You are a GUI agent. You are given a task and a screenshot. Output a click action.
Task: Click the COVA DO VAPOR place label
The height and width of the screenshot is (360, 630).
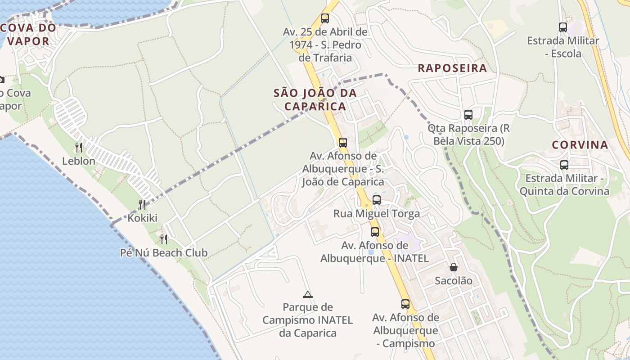(x=28, y=34)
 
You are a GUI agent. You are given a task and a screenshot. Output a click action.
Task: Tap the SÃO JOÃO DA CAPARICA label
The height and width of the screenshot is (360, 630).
(x=315, y=99)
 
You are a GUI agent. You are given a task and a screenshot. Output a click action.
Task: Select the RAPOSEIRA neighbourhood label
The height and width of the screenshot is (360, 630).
(x=452, y=68)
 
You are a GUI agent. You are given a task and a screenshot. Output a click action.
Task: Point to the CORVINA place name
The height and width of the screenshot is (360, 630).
(x=580, y=145)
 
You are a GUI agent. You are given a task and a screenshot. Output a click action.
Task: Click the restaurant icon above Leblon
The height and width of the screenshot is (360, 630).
(x=79, y=147)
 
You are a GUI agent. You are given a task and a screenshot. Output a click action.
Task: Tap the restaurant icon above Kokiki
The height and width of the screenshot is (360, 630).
(x=142, y=205)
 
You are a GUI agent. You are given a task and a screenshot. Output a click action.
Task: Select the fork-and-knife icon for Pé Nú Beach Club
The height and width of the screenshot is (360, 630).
(x=164, y=239)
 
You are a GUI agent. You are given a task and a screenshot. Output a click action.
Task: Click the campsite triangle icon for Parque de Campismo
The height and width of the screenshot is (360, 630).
(x=308, y=294)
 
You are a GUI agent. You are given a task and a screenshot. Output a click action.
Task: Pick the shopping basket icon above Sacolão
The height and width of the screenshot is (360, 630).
(x=454, y=267)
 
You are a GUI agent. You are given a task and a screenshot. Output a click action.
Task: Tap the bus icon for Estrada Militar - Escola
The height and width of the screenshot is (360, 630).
(x=563, y=27)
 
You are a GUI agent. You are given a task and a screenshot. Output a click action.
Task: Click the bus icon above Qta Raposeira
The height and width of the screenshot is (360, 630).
(x=468, y=115)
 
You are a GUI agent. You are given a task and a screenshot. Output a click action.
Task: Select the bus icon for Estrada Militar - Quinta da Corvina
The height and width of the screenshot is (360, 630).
(x=564, y=165)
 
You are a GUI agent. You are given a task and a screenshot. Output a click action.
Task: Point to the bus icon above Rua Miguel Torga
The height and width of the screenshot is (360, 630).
(x=377, y=200)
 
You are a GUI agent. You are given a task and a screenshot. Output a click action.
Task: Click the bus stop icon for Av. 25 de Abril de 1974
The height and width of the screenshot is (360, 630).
(x=325, y=18)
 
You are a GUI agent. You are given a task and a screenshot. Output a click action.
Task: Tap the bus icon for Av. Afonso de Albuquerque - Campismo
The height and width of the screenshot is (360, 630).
(x=405, y=304)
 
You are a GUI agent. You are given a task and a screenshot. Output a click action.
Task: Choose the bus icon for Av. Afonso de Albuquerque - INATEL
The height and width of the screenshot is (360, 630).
(x=375, y=232)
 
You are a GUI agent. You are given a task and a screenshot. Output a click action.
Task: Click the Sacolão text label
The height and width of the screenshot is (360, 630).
(x=454, y=281)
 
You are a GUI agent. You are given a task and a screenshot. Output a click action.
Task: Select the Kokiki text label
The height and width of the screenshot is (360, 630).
(x=143, y=218)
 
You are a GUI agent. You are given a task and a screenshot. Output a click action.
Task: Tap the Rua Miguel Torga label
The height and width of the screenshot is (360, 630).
(x=377, y=214)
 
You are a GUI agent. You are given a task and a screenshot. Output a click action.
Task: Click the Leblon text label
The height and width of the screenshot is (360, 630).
(x=79, y=161)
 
